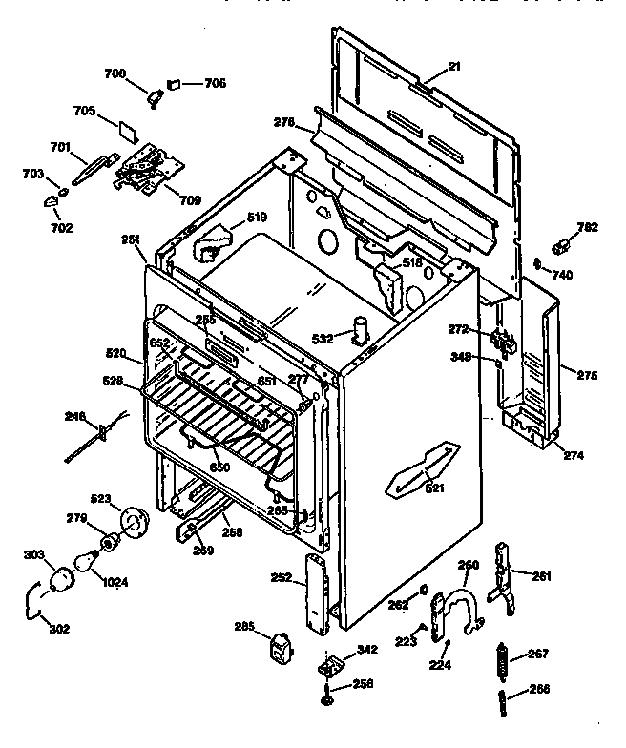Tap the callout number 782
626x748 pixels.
588,227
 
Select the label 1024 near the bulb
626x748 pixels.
115,582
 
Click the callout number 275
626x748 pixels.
587,376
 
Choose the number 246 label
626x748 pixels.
74,415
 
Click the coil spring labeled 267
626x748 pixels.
498,659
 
